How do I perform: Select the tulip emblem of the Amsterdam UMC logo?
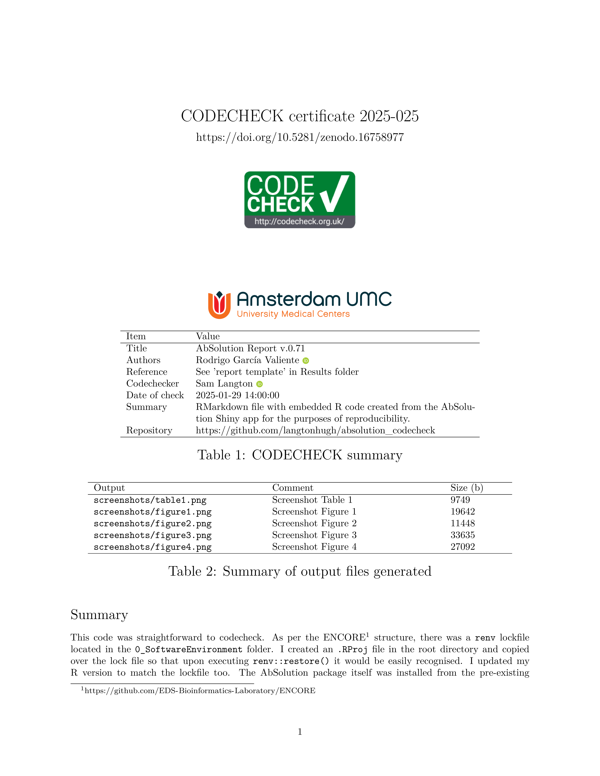[219, 305]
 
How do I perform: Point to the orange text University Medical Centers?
[293, 314]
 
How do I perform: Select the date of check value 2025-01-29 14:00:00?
[237, 395]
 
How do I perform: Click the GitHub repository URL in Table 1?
[315, 430]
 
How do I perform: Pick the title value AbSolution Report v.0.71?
[250, 348]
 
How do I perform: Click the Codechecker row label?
[152, 383]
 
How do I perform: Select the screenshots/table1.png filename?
[150, 500]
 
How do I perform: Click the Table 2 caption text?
[300, 571]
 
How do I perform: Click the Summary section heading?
[99, 615]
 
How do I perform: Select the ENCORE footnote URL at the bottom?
[200, 691]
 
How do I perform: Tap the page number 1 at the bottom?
[300, 732]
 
